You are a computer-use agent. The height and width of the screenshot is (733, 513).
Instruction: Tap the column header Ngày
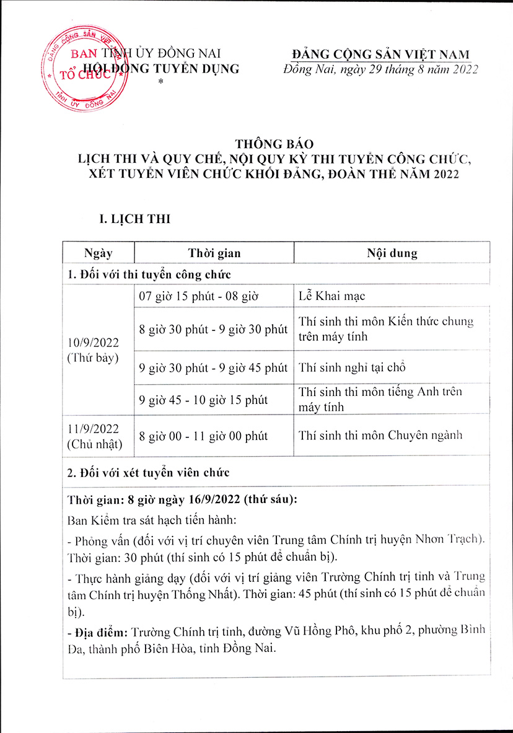tap(99, 253)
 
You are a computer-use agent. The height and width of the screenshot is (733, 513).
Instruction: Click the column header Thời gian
tap(214, 253)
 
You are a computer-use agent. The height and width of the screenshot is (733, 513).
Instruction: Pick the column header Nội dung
tap(392, 253)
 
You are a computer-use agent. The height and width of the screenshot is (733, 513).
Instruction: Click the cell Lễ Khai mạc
tap(331, 296)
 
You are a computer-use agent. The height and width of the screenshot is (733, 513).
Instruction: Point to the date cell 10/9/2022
tap(93, 343)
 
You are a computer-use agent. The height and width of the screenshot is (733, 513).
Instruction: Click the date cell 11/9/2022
tap(93, 428)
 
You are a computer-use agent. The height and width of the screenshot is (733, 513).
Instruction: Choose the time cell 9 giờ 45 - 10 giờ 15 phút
tap(203, 400)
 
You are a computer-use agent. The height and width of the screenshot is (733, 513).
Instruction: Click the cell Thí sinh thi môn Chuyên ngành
tap(380, 435)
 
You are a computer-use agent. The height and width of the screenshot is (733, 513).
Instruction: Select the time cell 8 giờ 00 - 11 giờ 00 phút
tap(203, 436)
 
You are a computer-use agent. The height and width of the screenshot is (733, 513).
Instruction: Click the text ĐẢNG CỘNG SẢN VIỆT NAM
tap(380, 55)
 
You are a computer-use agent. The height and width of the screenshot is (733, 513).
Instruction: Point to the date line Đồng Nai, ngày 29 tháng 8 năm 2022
tap(380, 69)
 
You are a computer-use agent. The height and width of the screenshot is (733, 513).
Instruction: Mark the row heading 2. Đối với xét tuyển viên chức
tap(149, 473)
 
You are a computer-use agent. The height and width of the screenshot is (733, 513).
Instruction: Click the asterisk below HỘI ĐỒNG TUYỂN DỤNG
tap(160, 82)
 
